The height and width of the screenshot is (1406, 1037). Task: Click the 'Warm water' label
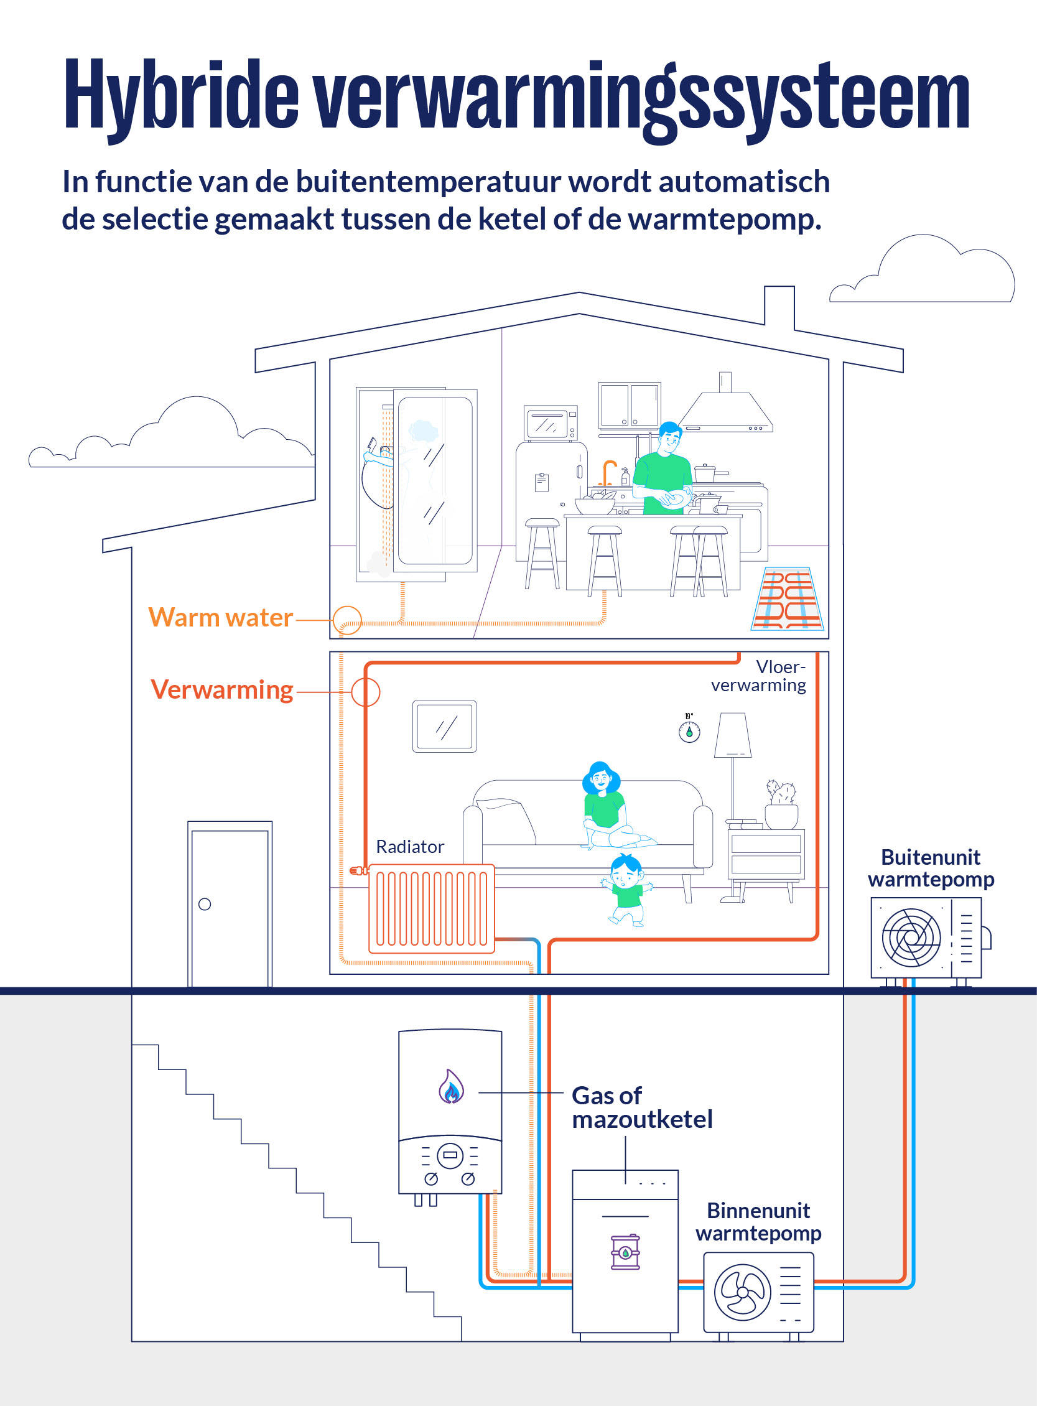pyautogui.click(x=220, y=618)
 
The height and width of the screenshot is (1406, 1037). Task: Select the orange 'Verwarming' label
pyautogui.click(x=221, y=691)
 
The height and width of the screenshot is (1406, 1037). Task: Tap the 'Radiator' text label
pyautogui.click(x=410, y=847)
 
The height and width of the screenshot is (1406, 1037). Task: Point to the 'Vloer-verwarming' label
pyautogui.click(x=758, y=676)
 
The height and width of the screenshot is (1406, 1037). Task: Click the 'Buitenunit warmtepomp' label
pyautogui.click(x=931, y=868)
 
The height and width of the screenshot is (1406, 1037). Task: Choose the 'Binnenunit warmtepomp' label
pyautogui.click(x=758, y=1221)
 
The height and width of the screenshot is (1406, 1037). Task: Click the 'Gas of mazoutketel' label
pyautogui.click(x=642, y=1107)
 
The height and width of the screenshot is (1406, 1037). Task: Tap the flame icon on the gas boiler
pyautogui.click(x=451, y=1086)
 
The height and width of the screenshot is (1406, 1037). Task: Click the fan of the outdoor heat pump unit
pyautogui.click(x=911, y=938)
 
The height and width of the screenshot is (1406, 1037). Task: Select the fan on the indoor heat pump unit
pyautogui.click(x=743, y=1292)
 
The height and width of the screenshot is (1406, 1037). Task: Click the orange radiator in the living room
pyautogui.click(x=431, y=908)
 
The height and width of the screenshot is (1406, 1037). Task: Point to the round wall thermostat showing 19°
pyautogui.click(x=689, y=732)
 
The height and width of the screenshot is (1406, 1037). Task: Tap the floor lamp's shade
pyautogui.click(x=733, y=734)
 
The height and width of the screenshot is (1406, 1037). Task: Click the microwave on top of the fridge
pyautogui.click(x=551, y=423)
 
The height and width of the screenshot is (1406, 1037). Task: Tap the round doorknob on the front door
pyautogui.click(x=205, y=905)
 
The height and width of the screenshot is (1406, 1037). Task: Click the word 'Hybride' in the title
pyautogui.click(x=182, y=96)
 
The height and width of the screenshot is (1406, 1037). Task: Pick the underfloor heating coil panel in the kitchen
pyautogui.click(x=787, y=598)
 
